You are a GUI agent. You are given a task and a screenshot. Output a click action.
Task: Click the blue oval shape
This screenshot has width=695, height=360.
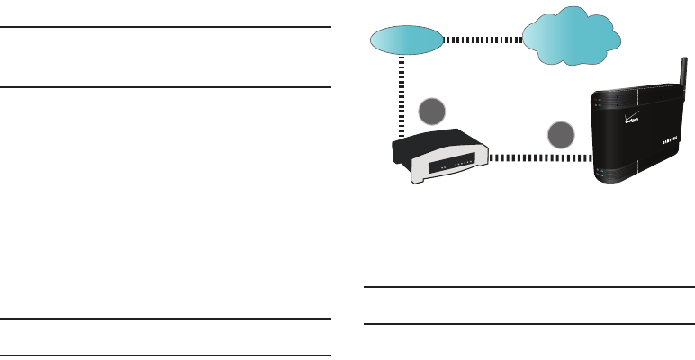[x=406, y=40]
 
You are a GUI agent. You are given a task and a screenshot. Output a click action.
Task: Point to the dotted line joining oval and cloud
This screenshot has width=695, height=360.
[x=483, y=40]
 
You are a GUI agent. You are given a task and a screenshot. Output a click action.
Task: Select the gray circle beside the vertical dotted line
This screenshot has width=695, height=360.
[x=433, y=112]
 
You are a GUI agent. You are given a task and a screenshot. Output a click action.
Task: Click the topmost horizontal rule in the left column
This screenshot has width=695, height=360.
[x=166, y=27]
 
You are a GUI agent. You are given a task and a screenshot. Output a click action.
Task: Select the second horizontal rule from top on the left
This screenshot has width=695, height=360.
[x=166, y=87]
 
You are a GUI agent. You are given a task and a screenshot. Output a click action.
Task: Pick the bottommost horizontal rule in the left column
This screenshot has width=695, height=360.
[x=166, y=356]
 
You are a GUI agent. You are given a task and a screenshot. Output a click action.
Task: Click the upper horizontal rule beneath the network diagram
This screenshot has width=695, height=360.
[x=529, y=288]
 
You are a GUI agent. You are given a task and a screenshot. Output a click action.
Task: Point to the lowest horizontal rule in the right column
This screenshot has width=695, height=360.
[x=529, y=324]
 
